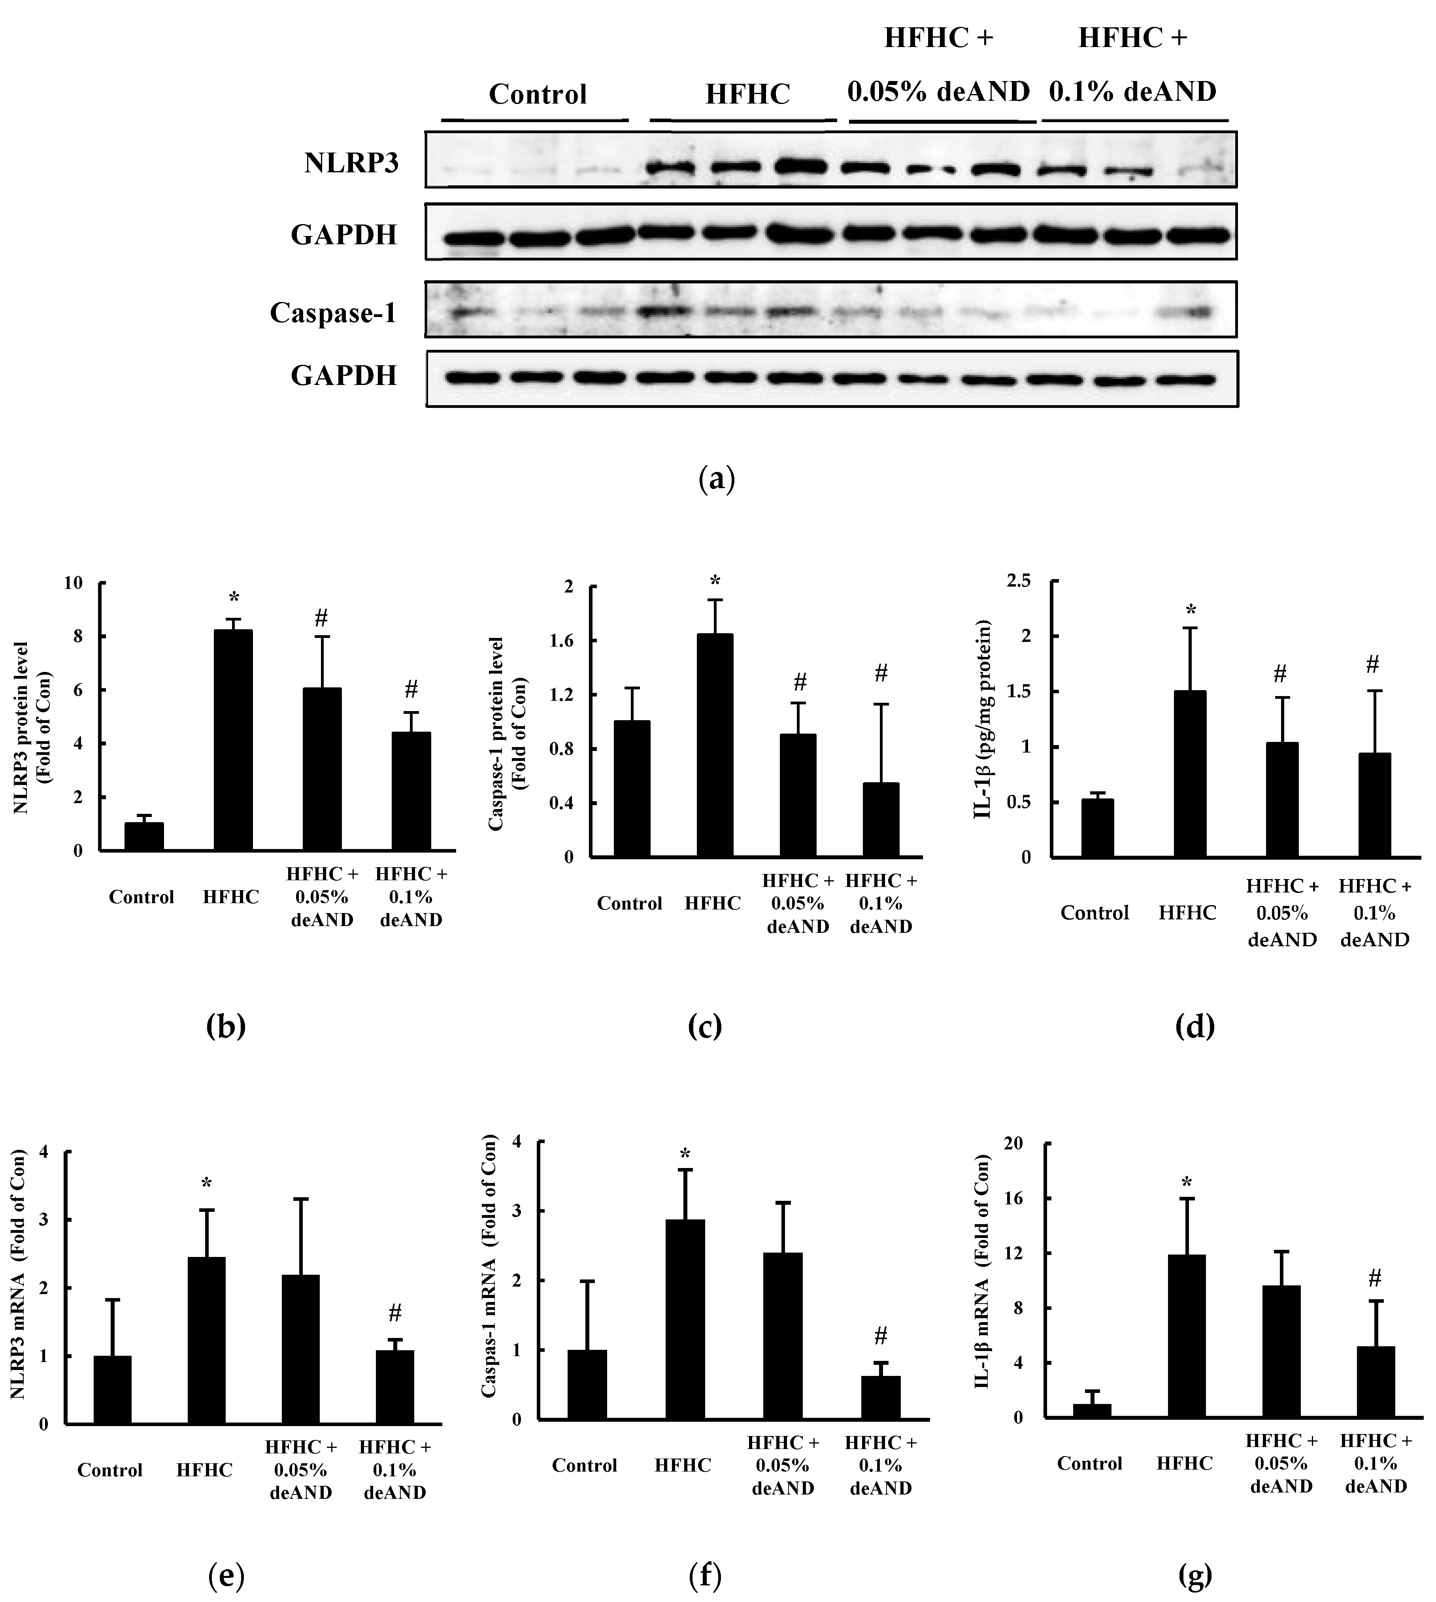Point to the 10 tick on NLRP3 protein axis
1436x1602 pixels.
(x=74, y=583)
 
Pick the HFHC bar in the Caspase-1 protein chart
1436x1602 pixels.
(x=715, y=745)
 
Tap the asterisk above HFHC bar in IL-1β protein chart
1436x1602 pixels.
(x=1191, y=611)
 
